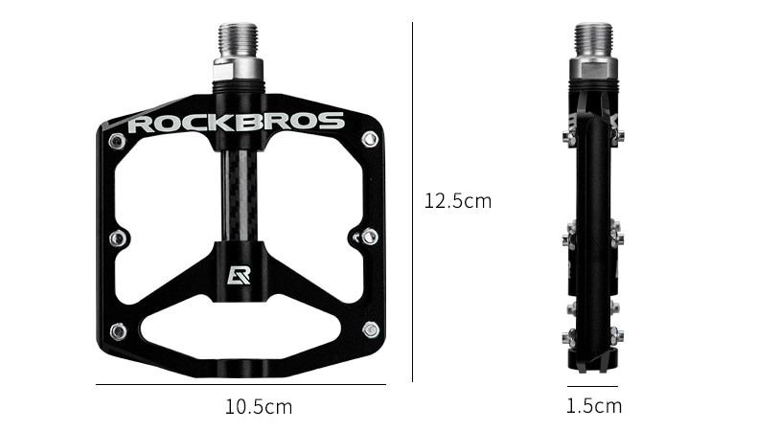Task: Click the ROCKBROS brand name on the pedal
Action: (236, 123)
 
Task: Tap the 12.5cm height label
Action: (457, 201)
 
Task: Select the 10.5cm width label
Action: (259, 407)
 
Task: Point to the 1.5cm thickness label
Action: (593, 406)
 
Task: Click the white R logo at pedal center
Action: (239, 275)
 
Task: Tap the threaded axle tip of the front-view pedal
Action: (239, 40)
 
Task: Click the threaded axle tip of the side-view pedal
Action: (593, 39)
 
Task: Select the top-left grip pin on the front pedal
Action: (117, 142)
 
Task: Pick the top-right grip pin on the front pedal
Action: (370, 140)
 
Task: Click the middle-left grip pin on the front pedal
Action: (117, 238)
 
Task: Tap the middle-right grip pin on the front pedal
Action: (369, 236)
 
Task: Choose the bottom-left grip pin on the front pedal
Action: (117, 331)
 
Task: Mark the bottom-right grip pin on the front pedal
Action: (370, 330)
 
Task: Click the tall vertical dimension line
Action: (413, 201)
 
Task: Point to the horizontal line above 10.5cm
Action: (240, 384)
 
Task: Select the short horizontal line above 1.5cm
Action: (592, 386)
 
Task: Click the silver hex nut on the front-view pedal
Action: (239, 68)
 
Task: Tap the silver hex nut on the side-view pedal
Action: (593, 68)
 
